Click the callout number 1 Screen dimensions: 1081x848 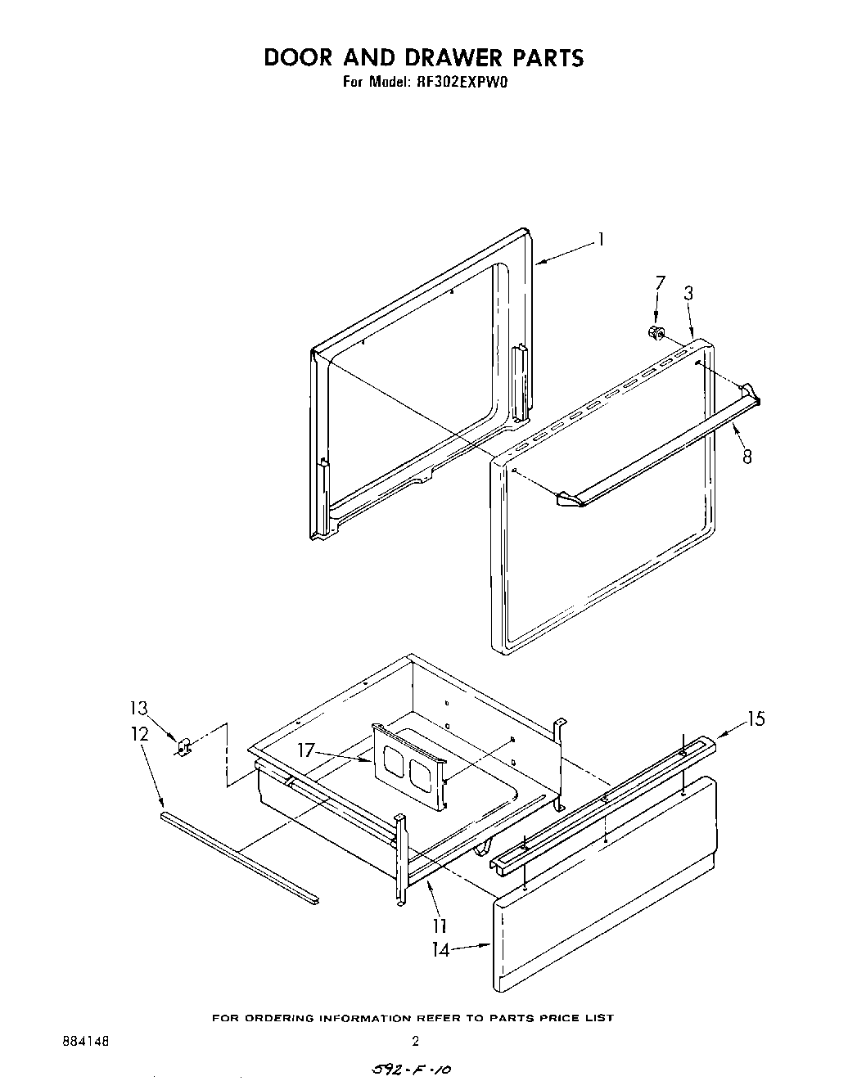click(602, 240)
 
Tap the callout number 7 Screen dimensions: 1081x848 click(661, 283)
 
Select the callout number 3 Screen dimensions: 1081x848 click(689, 293)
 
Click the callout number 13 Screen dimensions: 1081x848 click(139, 708)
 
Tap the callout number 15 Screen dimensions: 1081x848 click(756, 718)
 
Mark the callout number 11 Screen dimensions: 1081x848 click(440, 926)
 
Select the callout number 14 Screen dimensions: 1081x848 click(440, 950)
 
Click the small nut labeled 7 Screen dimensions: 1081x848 click(655, 332)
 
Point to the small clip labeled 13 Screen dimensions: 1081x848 click(184, 745)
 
